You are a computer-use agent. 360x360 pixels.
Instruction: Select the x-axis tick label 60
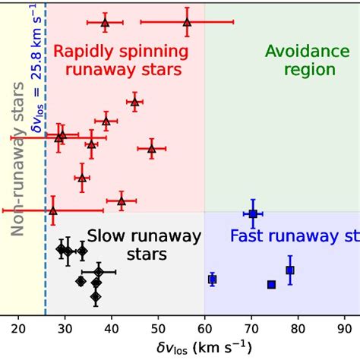point(204,328)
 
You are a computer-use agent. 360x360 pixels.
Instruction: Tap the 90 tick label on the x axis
point(343,328)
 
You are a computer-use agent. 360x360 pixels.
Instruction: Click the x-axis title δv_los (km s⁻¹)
point(182,347)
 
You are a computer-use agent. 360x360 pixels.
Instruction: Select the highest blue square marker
point(253,214)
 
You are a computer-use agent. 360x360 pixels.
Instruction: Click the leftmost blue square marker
point(212,279)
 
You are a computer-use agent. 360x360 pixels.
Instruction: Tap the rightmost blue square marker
point(289,270)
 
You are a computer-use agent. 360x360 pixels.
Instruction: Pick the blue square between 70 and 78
point(271,284)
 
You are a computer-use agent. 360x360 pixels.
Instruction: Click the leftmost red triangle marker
point(52,210)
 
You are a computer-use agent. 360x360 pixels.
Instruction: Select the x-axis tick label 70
point(251,328)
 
